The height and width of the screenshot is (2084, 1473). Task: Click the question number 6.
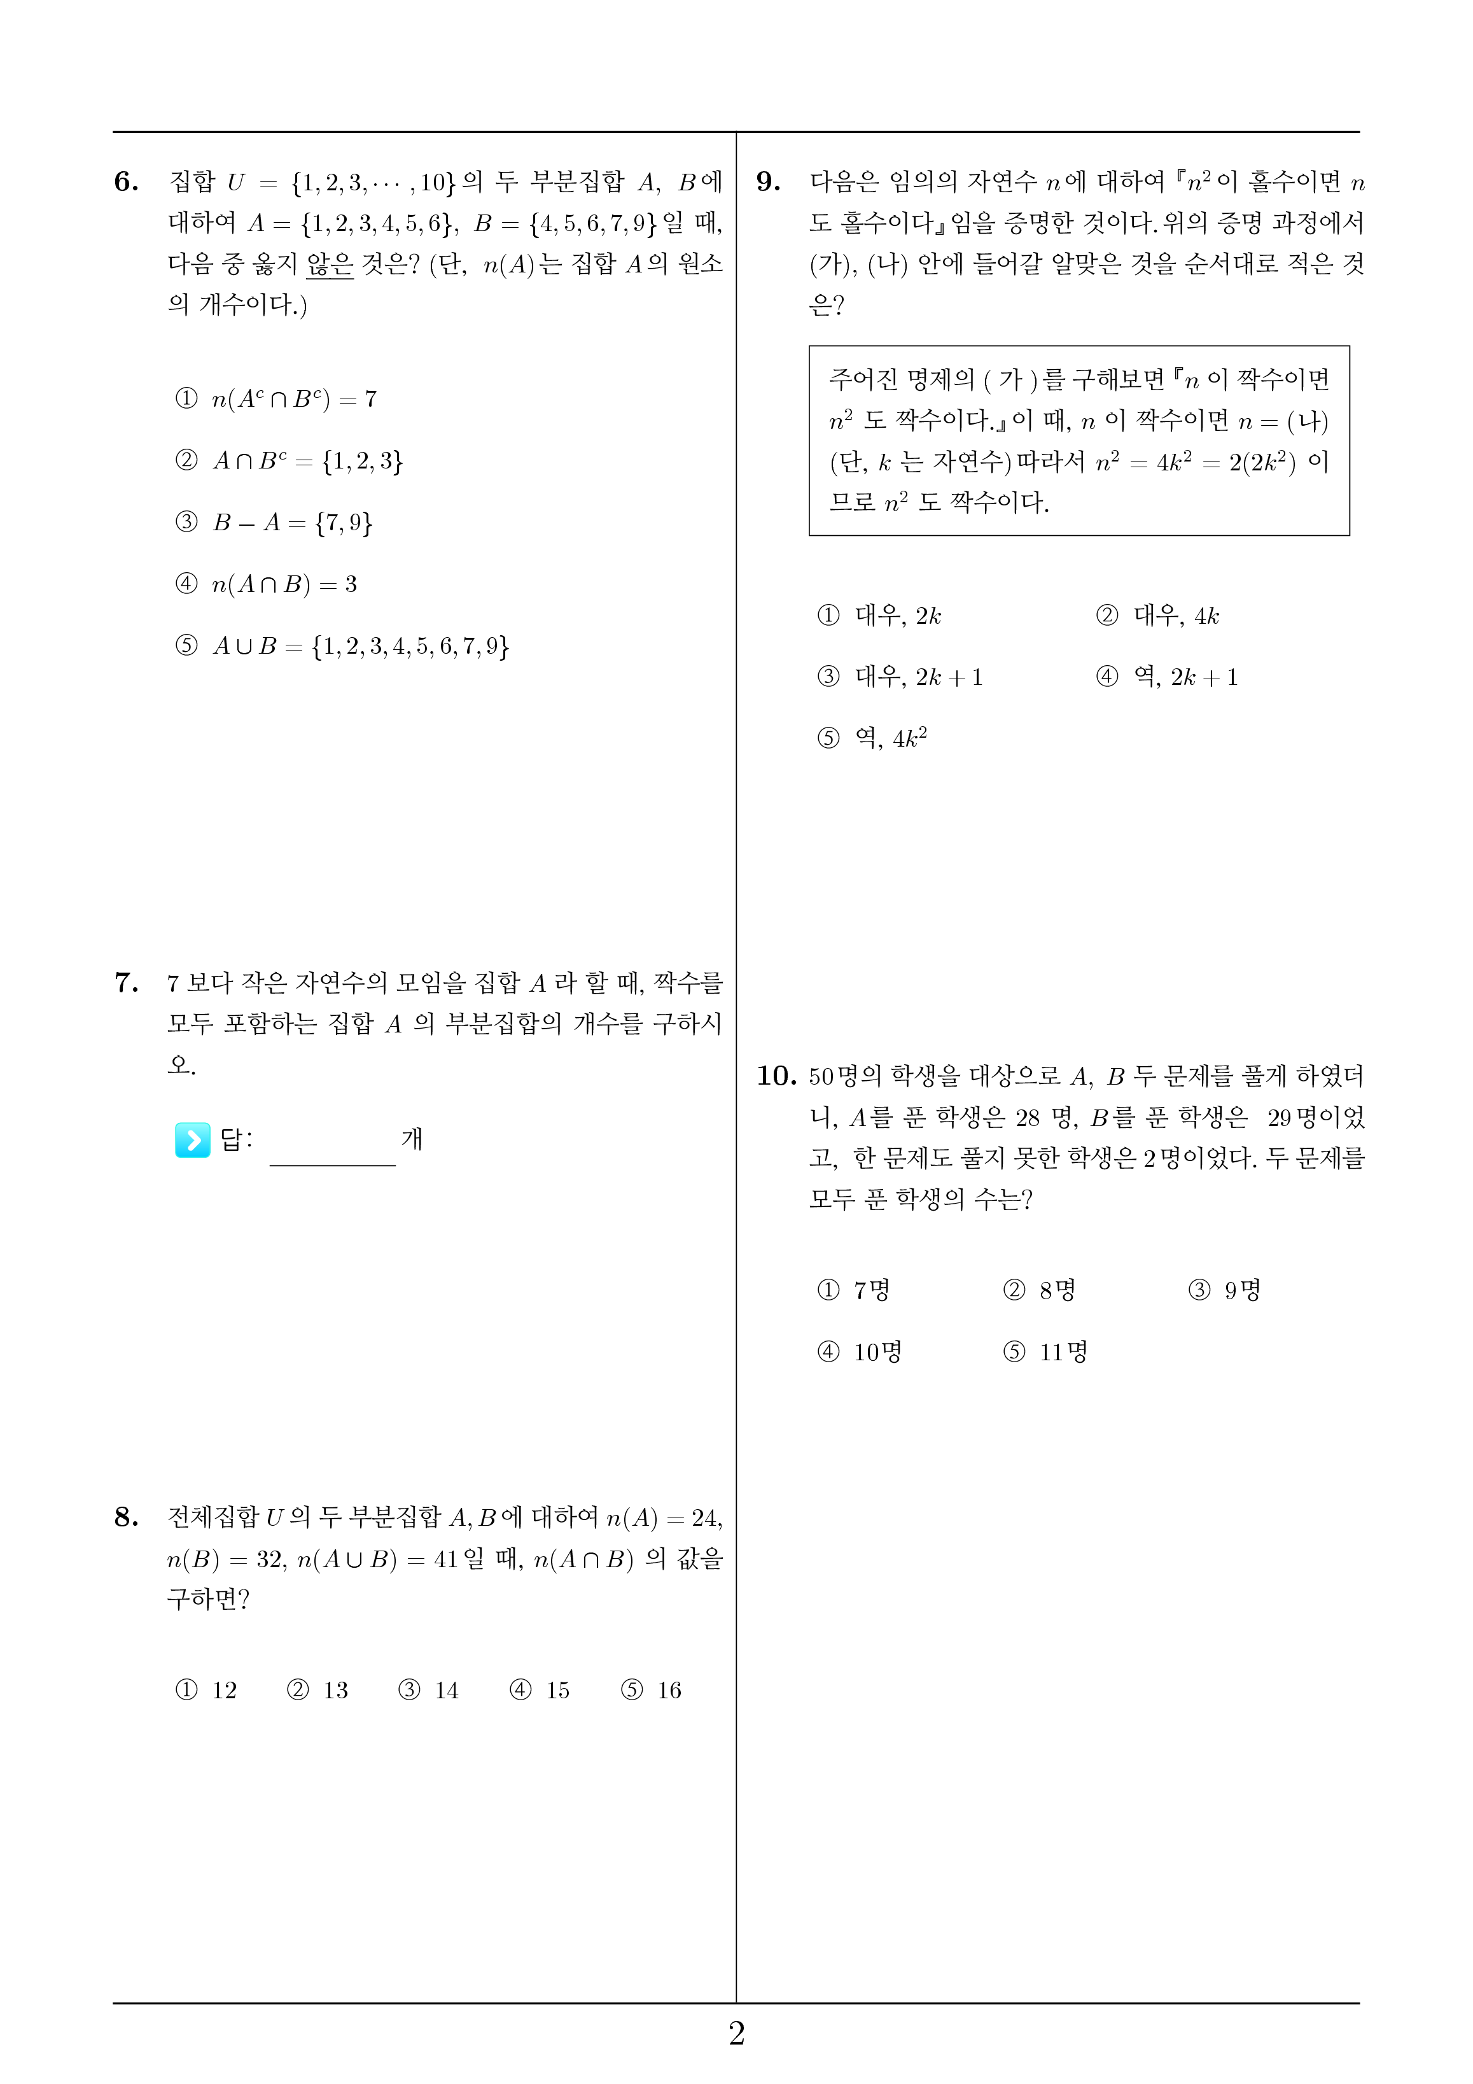click(x=126, y=183)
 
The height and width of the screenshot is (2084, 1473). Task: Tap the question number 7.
click(x=126, y=983)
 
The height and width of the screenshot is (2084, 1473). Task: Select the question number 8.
click(x=126, y=1517)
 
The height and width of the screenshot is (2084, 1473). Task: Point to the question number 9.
click(x=768, y=183)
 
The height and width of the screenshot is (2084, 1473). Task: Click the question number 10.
click(x=776, y=1076)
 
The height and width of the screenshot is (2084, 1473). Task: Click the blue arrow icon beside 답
click(x=192, y=1140)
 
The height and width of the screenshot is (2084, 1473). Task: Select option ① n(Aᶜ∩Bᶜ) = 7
click(x=276, y=399)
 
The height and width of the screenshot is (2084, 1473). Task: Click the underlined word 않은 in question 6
click(x=330, y=264)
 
